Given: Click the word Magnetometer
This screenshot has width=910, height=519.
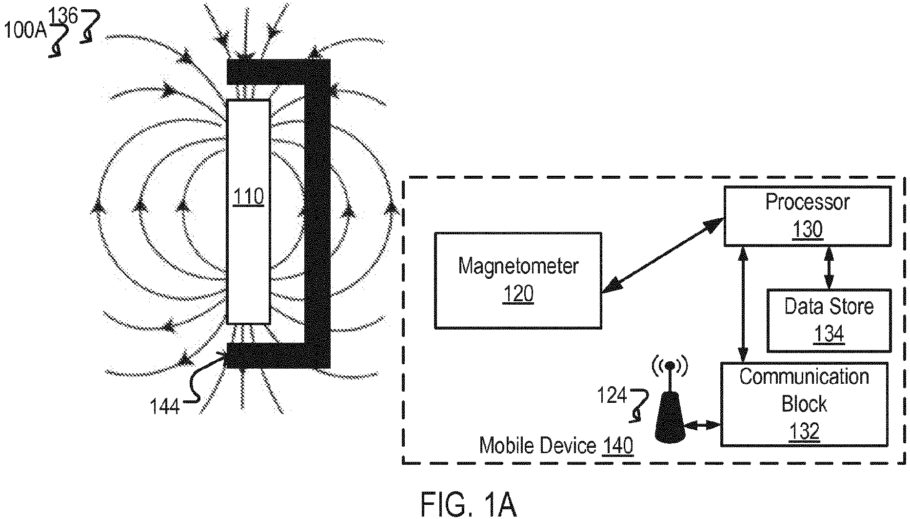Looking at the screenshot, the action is (x=518, y=267).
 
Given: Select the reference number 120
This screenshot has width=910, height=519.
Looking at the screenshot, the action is (x=518, y=294).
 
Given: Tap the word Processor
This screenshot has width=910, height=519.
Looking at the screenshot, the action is (x=808, y=202).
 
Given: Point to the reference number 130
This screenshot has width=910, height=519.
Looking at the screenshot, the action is (x=808, y=229).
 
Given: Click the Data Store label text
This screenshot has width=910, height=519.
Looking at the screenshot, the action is (x=829, y=307).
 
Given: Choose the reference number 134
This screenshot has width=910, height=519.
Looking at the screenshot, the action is (x=829, y=334).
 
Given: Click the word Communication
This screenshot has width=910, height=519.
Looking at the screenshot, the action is (x=804, y=377).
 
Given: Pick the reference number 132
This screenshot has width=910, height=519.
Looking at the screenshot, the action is (x=804, y=432).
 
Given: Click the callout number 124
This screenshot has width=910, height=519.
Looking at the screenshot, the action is (x=612, y=395).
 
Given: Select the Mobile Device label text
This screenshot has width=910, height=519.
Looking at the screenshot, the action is (x=538, y=446).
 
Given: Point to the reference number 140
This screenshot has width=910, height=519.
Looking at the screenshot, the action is (x=618, y=446).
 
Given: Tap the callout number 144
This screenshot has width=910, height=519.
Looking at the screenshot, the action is (x=165, y=406).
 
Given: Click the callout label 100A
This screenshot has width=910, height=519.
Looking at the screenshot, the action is (x=25, y=31).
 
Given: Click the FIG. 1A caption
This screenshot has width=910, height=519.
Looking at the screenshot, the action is (x=468, y=504).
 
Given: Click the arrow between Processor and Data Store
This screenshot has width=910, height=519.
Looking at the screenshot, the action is (x=828, y=268).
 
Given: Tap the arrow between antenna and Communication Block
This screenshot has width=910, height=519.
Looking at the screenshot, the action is (x=702, y=426).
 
